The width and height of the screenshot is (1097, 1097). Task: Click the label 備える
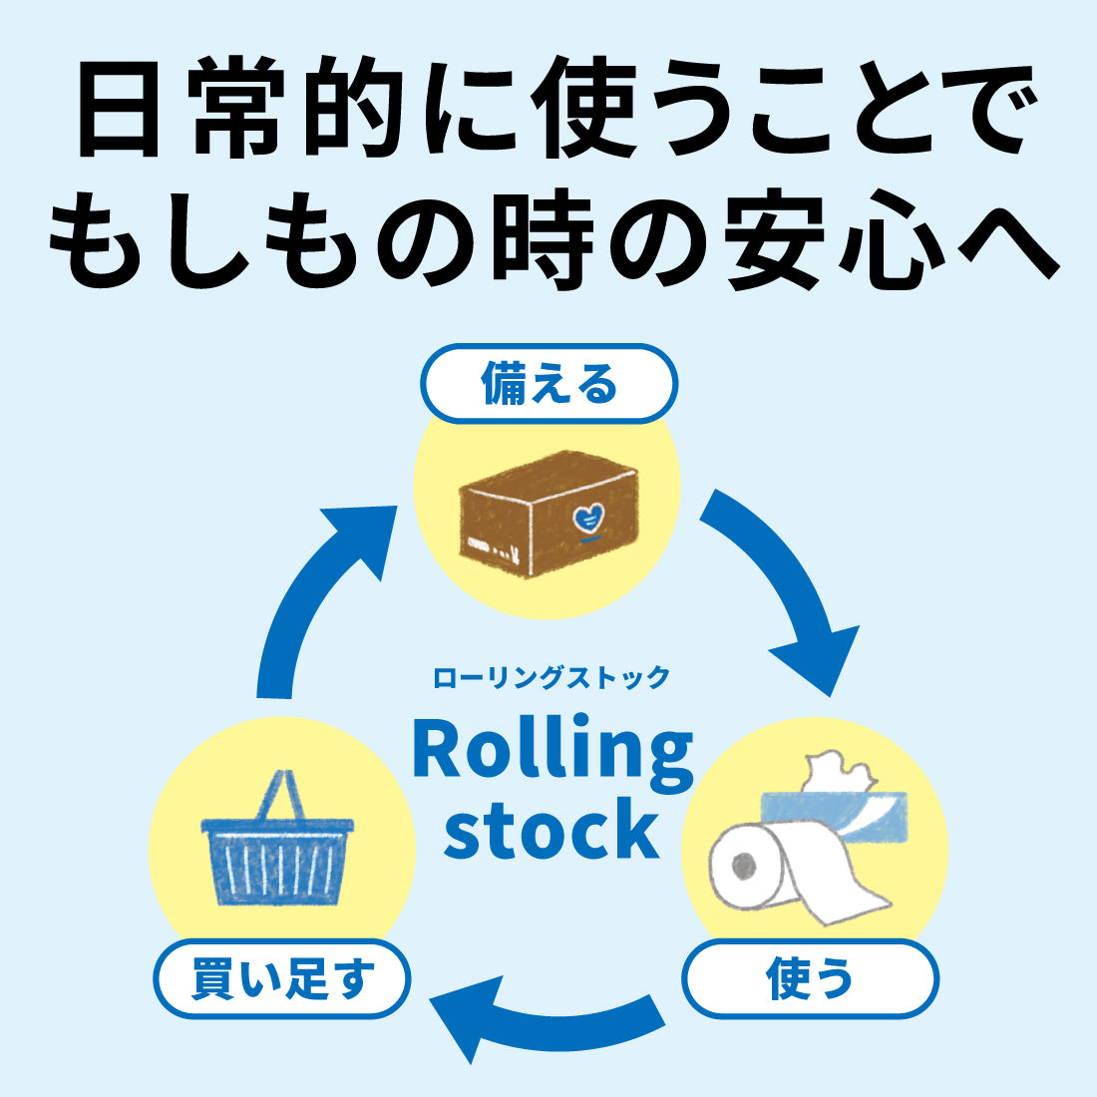pyautogui.click(x=548, y=384)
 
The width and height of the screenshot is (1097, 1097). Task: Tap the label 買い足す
pyautogui.click(x=282, y=978)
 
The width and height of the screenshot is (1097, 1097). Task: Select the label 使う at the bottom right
pyautogui.click(x=810, y=978)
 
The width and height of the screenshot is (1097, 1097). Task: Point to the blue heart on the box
pyautogui.click(x=589, y=519)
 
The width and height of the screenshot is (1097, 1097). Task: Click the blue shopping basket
pyautogui.click(x=277, y=858)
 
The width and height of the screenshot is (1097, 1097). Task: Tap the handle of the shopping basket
pyautogui.click(x=277, y=793)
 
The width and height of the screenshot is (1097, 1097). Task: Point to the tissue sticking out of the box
pyautogui.click(x=831, y=770)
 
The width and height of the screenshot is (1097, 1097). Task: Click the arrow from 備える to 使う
pyautogui.click(x=788, y=588)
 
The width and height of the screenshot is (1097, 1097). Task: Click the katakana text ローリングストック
pyautogui.click(x=551, y=678)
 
